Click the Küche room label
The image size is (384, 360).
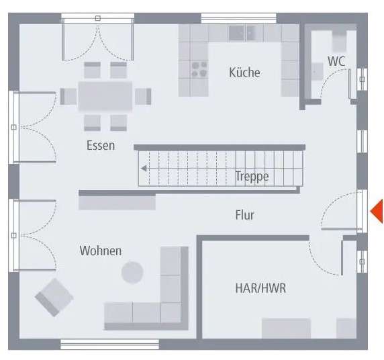(244, 73)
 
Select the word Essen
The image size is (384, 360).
(101, 145)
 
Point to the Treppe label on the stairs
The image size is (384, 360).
(252, 177)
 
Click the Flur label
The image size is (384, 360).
(244, 215)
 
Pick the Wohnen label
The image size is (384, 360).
(101, 251)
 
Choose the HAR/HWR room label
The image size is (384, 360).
(260, 288)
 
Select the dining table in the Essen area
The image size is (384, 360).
(105, 95)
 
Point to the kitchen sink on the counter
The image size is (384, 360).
(242, 32)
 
